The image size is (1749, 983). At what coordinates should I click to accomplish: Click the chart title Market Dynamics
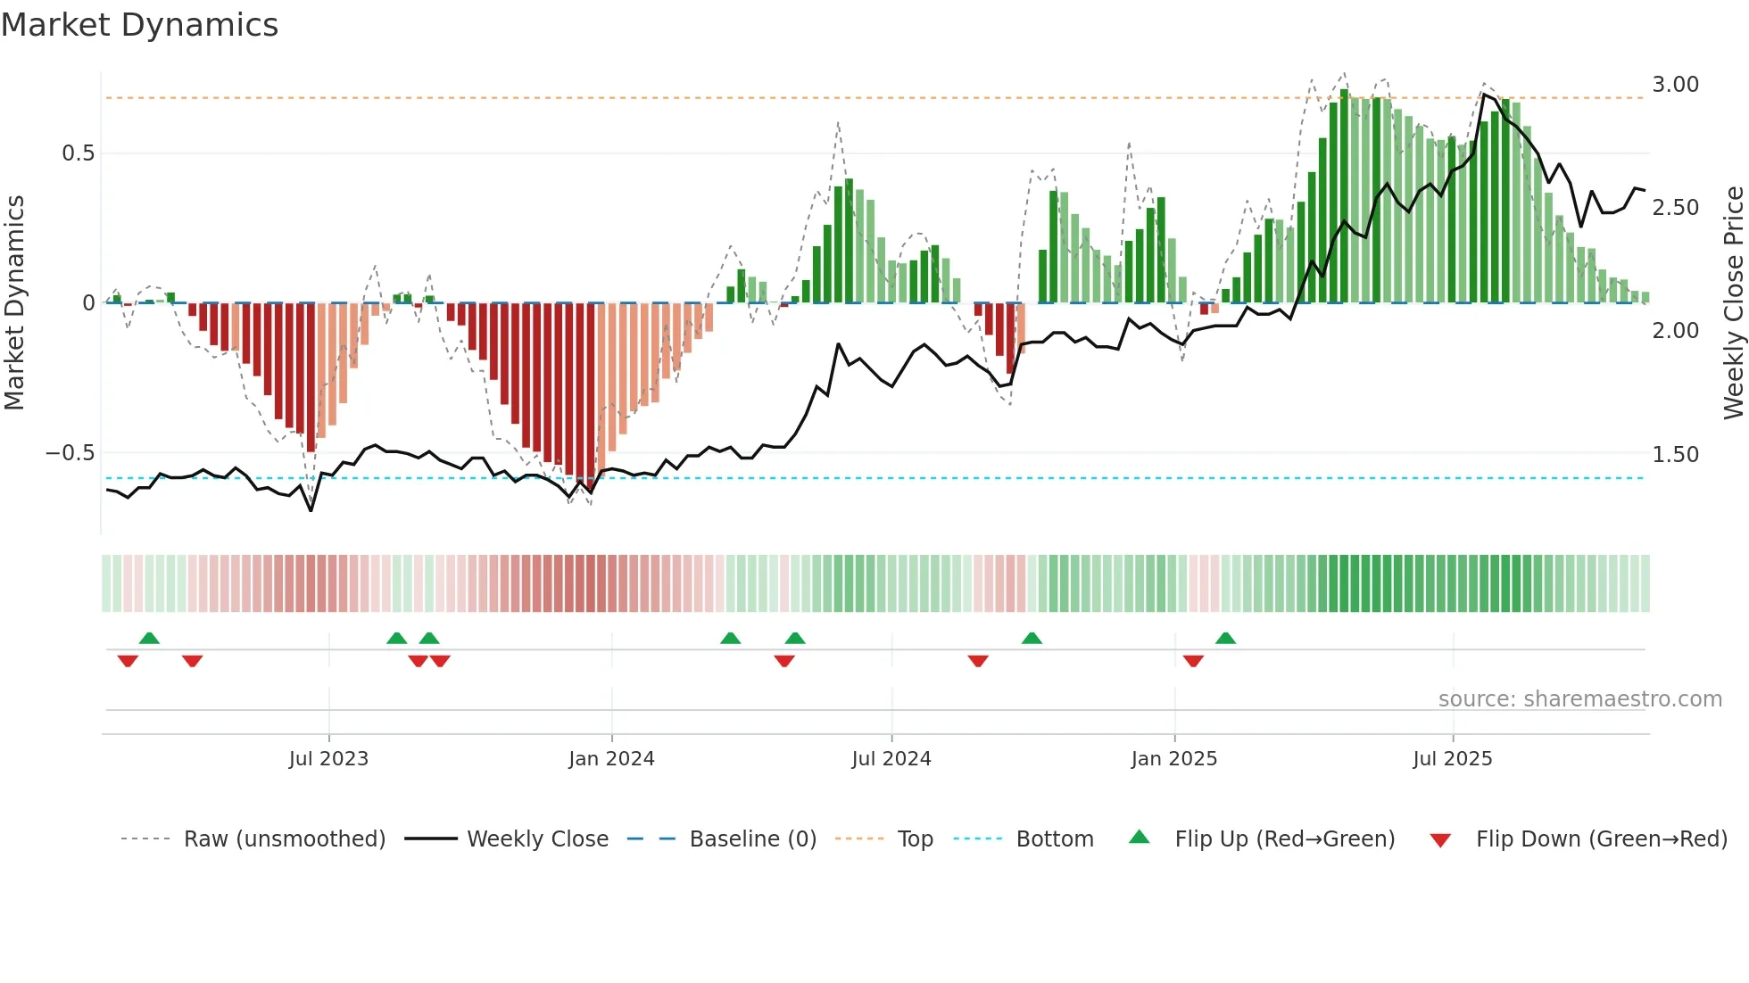click(x=139, y=25)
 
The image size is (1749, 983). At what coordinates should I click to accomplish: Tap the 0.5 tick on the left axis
click(x=78, y=153)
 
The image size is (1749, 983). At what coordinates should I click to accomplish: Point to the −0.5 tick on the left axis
click(x=70, y=453)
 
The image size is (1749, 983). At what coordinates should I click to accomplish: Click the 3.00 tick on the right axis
click(x=1675, y=85)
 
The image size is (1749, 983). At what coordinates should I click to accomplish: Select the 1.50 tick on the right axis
click(x=1675, y=455)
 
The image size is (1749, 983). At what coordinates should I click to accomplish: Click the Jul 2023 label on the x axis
click(x=328, y=759)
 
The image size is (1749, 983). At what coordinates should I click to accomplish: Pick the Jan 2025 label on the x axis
click(x=1173, y=759)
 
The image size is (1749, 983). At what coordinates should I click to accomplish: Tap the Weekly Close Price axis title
click(x=1733, y=302)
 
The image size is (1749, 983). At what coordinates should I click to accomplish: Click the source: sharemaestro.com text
click(x=1579, y=699)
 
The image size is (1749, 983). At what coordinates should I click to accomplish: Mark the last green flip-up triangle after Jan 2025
click(x=1225, y=639)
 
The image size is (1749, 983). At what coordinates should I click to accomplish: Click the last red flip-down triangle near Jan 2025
click(x=1193, y=661)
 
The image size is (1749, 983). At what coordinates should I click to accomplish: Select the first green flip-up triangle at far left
click(x=149, y=639)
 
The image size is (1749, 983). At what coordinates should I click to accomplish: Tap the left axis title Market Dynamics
click(x=14, y=302)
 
